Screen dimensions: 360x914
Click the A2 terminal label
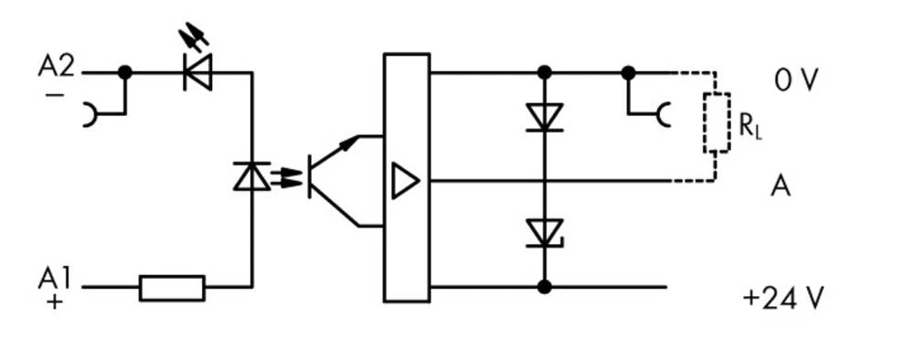click(56, 66)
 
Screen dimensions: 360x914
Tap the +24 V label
click(783, 298)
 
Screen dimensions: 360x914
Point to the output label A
click(780, 186)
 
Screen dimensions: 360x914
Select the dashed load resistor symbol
click(715, 122)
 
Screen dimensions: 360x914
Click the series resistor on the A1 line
click(172, 287)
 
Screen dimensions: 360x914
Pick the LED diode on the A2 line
click(197, 72)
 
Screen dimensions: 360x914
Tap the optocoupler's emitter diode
click(251, 175)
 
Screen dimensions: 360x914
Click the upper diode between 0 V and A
click(544, 118)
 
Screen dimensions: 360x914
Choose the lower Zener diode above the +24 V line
click(544, 233)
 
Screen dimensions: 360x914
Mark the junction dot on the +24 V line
click(544, 287)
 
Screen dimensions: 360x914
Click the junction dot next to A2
click(125, 72)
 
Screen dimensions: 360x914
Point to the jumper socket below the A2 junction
click(90, 115)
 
